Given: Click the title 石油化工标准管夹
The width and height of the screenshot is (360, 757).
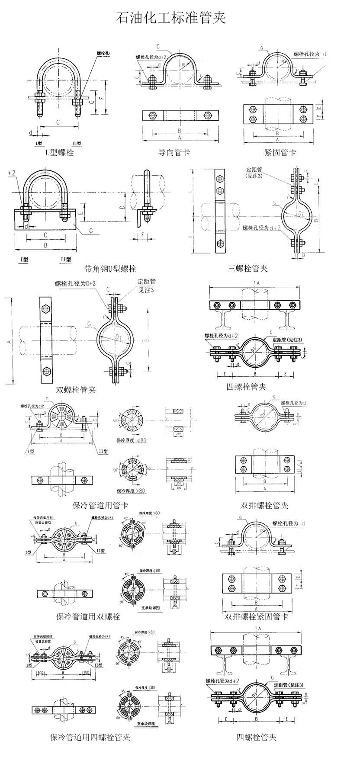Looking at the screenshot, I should (171, 18).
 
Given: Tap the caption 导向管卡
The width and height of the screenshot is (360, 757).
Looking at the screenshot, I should (174, 152).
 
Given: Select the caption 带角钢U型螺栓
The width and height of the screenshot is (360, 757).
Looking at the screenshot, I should (110, 269).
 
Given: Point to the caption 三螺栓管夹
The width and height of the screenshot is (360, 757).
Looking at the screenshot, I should (248, 268).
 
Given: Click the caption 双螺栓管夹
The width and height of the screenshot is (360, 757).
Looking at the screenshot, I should (76, 390).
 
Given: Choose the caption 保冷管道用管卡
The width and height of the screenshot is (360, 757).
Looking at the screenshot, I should (101, 505).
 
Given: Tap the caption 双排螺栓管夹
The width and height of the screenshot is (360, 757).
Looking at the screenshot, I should (264, 505).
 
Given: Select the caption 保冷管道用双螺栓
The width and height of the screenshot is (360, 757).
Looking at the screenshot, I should (88, 616).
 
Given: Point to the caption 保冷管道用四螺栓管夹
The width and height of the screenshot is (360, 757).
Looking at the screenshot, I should (90, 737).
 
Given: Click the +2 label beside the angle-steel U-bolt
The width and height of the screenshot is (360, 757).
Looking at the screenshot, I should (12, 173).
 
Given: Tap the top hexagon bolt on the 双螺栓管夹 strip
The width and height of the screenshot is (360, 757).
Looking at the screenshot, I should (46, 309).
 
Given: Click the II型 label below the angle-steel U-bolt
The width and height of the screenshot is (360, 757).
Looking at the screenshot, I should (66, 259).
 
